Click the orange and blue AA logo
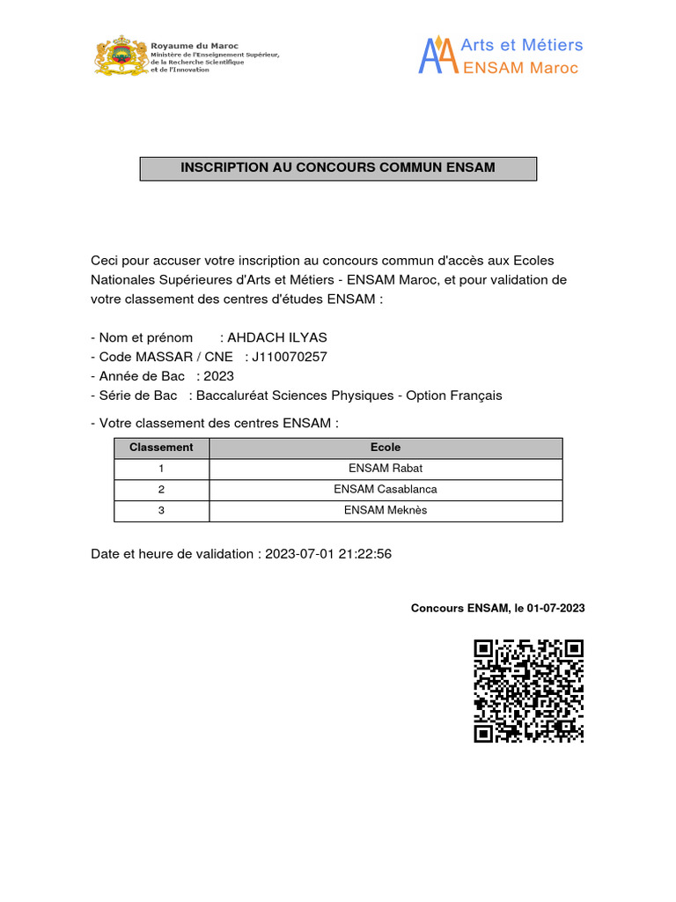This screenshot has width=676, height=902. [x=438, y=55]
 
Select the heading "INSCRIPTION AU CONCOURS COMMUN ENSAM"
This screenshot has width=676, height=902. [x=338, y=167]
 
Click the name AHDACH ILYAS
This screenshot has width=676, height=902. [x=277, y=337]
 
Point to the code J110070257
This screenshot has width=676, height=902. [x=290, y=357]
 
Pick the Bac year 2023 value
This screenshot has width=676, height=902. [x=219, y=376]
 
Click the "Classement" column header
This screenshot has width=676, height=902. [x=161, y=447]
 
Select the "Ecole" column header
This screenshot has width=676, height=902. [x=386, y=447]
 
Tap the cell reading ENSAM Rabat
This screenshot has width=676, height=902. [x=386, y=469]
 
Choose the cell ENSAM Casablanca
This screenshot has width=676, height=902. [x=386, y=490]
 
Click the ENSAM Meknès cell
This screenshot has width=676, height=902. [x=386, y=511]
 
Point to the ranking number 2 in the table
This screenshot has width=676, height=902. [x=161, y=490]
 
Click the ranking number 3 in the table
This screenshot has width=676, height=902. [x=161, y=511]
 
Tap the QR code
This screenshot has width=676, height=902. [x=528, y=690]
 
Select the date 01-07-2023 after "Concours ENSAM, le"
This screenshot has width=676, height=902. [x=556, y=608]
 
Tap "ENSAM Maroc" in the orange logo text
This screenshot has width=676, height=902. [x=520, y=68]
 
